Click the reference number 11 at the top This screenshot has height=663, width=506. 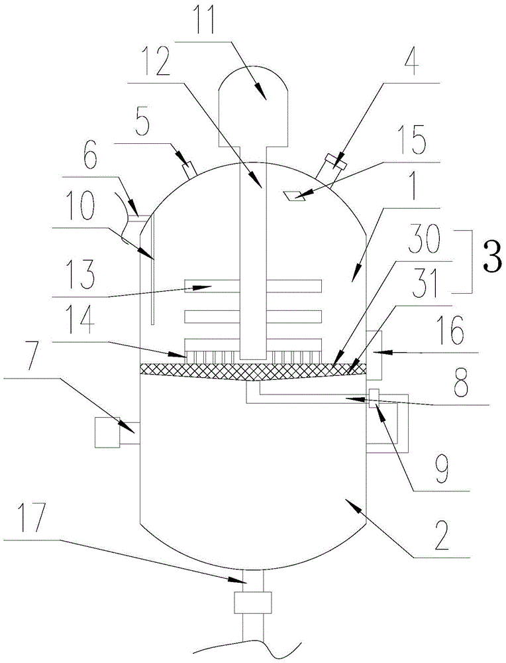coord(202,19)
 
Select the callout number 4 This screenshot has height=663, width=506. coord(411,62)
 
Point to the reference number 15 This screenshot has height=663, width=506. coord(412,142)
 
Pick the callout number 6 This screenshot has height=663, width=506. coord(89,157)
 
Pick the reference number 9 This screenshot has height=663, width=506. coord(442,469)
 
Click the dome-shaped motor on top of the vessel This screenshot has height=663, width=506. coord(254,105)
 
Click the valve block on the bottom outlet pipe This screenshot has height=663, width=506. coord(252,602)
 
